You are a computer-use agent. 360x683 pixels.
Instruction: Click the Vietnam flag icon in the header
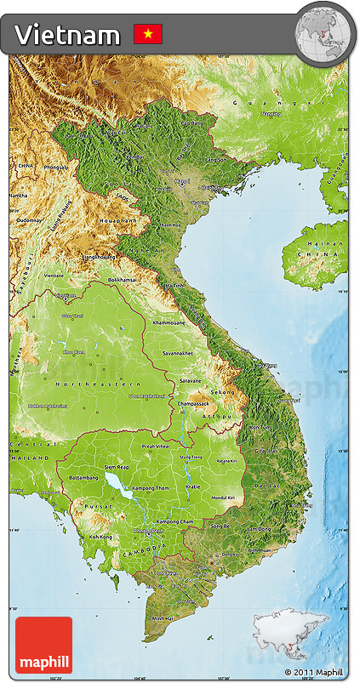[x=147, y=34]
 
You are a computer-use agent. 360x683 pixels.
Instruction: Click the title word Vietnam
[x=67, y=35]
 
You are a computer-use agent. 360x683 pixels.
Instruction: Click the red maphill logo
[x=43, y=645]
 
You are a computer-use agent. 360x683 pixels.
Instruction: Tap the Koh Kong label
[x=100, y=537]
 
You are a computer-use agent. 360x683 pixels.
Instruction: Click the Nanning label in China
[x=270, y=113]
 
